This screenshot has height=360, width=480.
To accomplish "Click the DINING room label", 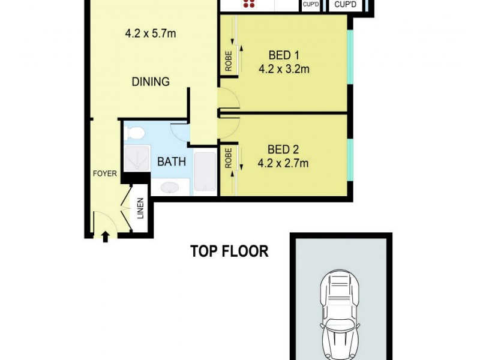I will (x=151, y=82).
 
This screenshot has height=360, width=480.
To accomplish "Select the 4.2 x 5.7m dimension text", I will (x=151, y=34).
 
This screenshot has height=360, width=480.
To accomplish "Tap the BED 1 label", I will (x=284, y=57).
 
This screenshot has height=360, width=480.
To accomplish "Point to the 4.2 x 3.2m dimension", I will (x=284, y=69).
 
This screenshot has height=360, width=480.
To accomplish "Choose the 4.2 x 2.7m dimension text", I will (x=283, y=162).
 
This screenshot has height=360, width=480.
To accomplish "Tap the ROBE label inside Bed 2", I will (x=229, y=158).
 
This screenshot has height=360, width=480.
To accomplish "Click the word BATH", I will (x=172, y=161).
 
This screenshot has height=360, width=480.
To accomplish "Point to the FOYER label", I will (x=104, y=175).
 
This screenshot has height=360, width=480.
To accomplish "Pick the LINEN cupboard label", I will (x=140, y=208).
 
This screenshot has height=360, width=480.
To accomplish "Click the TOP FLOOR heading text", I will (x=229, y=251).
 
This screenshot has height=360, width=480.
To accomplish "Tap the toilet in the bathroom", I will (x=136, y=133).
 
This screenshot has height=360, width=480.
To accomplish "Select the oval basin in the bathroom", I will (x=170, y=188).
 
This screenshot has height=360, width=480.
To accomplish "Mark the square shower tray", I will (x=136, y=157).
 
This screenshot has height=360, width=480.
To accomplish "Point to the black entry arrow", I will (x=106, y=236).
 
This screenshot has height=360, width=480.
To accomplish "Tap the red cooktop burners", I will (x=249, y=4).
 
